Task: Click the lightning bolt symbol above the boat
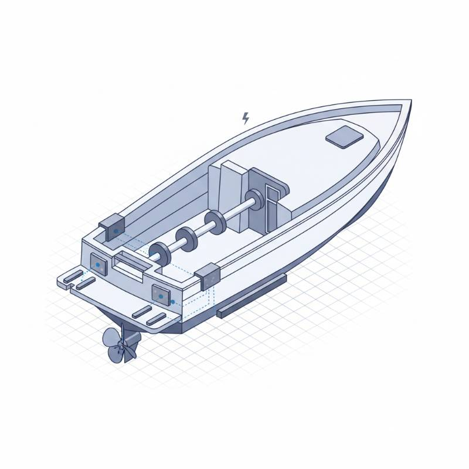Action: tap(246, 118)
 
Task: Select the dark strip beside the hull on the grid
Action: tap(252, 295)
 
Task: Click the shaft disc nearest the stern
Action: tap(159, 253)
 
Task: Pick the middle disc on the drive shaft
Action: tap(187, 237)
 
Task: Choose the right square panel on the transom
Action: tap(160, 294)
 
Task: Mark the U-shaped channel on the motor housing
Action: tap(273, 205)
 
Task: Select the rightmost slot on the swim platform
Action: tap(157, 320)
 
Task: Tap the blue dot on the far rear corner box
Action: tap(116, 231)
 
